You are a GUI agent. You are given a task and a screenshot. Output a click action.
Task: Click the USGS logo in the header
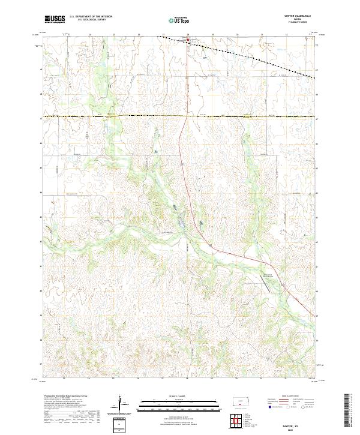click(x=56, y=20)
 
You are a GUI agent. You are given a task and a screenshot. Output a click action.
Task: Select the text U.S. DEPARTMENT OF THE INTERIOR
click(x=91, y=17)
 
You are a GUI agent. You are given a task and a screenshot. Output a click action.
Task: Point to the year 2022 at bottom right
click(x=298, y=428)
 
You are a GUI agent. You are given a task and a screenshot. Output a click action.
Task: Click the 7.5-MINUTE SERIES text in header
click(x=298, y=25)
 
